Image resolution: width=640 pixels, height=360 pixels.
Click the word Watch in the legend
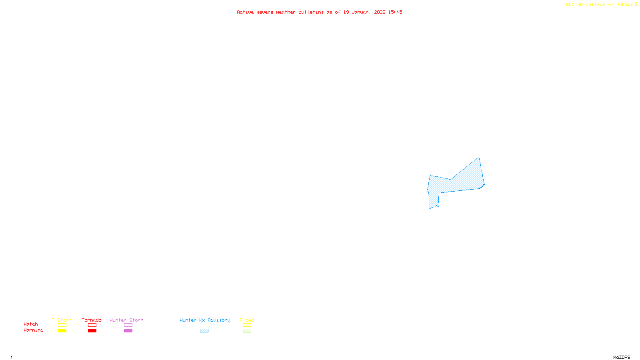[x=31, y=324]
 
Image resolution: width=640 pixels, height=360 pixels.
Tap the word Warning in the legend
[x=33, y=330]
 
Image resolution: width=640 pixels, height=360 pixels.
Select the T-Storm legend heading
[x=62, y=320]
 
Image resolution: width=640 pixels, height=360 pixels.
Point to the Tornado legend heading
[x=92, y=320]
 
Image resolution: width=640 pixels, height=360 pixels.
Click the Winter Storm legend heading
[x=126, y=320]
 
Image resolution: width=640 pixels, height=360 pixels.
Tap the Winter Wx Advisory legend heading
[x=205, y=320]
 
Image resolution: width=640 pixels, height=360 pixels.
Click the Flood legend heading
[x=247, y=320]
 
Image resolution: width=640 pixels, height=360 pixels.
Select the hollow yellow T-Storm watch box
[x=62, y=325]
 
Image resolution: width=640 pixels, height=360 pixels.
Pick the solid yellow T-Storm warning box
[x=62, y=331]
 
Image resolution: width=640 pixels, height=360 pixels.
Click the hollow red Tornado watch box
[x=92, y=325]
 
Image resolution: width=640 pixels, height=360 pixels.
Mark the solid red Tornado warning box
[x=92, y=331]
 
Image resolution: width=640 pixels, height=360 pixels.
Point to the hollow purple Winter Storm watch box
[x=128, y=325]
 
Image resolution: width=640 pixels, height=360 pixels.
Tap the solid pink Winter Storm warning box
[x=128, y=331]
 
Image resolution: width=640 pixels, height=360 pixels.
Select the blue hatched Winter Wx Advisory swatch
[x=204, y=331]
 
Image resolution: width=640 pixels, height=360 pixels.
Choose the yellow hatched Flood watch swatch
[x=247, y=325]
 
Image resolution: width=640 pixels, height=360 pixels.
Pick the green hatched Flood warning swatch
[x=247, y=331]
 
